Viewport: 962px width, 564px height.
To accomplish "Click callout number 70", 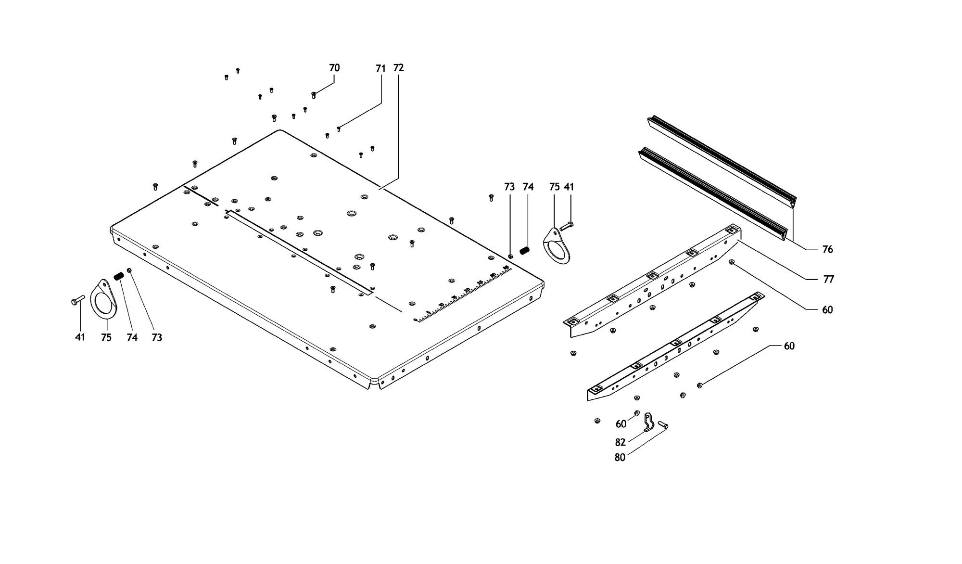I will tap(334, 68).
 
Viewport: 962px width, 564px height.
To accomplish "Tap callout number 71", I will tap(380, 69).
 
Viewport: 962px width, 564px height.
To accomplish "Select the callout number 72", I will tap(398, 68).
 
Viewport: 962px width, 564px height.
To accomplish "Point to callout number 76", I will tap(827, 249).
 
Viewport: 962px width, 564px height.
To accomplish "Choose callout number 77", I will tap(828, 279).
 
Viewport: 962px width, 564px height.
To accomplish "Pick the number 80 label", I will tap(620, 458).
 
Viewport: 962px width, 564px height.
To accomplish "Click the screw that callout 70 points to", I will tap(314, 95).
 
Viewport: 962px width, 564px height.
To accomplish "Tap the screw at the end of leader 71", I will tap(339, 128).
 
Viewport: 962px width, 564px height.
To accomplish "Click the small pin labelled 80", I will tap(663, 424).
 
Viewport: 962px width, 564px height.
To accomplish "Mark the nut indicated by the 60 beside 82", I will tap(637, 413).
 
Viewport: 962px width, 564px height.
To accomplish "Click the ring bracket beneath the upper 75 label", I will tap(557, 247).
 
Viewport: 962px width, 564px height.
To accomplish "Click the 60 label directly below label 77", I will tap(827, 310).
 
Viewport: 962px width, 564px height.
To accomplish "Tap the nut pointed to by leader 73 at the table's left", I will tap(129, 270).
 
